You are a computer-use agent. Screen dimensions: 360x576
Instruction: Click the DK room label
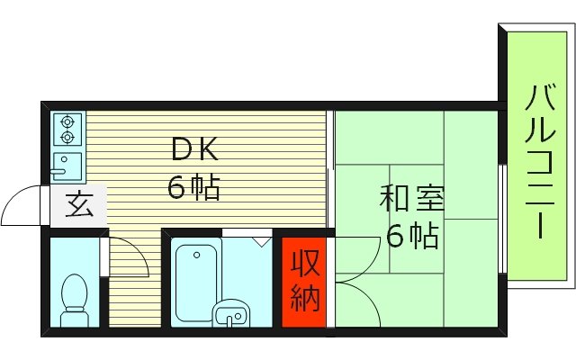coord(195,148)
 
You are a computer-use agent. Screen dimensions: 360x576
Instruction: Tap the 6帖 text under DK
coord(193,187)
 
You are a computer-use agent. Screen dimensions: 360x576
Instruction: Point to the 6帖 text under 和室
coord(412,235)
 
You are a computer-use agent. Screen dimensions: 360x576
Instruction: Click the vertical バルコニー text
coord(539,162)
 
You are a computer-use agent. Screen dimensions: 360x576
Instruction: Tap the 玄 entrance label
coord(78,208)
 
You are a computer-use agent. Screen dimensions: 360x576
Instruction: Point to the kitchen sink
coord(67,166)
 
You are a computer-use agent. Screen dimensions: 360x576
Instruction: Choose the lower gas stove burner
coord(67,138)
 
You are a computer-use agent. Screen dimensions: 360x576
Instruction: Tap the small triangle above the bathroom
coord(261,240)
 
